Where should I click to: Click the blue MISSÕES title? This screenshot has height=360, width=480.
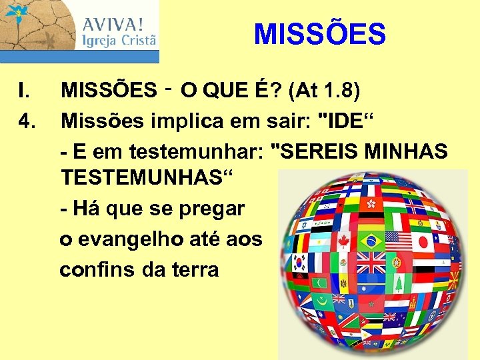tap(320, 34)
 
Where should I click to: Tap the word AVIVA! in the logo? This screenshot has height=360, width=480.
tap(113, 25)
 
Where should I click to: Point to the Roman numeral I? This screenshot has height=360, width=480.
tap(23, 90)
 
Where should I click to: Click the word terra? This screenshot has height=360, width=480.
tap(194, 269)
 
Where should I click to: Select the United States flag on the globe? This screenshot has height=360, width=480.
tap(399, 240)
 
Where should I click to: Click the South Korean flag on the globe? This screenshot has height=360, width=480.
tap(300, 262)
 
